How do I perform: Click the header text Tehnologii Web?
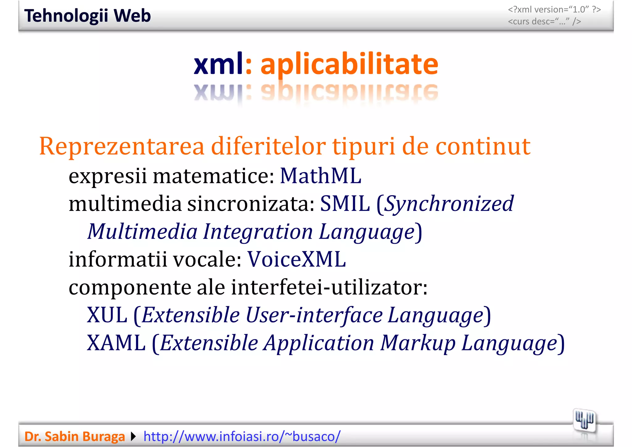tap(87, 16)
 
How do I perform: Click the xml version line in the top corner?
tap(554, 10)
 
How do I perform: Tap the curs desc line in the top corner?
tap(544, 22)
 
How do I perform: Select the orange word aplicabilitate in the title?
tap(349, 65)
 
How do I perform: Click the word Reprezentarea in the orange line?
tap(122, 146)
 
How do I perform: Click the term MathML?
tap(320, 176)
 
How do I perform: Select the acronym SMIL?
tap(345, 204)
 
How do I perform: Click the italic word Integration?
tap(258, 232)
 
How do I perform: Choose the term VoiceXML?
tap(297, 259)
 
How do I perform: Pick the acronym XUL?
tap(107, 315)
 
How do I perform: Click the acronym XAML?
tap(116, 343)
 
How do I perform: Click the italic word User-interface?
tap(314, 315)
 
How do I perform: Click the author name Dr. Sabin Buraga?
tap(74, 437)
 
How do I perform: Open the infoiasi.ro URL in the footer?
tap(242, 437)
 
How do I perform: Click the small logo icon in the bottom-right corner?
tap(584, 421)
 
